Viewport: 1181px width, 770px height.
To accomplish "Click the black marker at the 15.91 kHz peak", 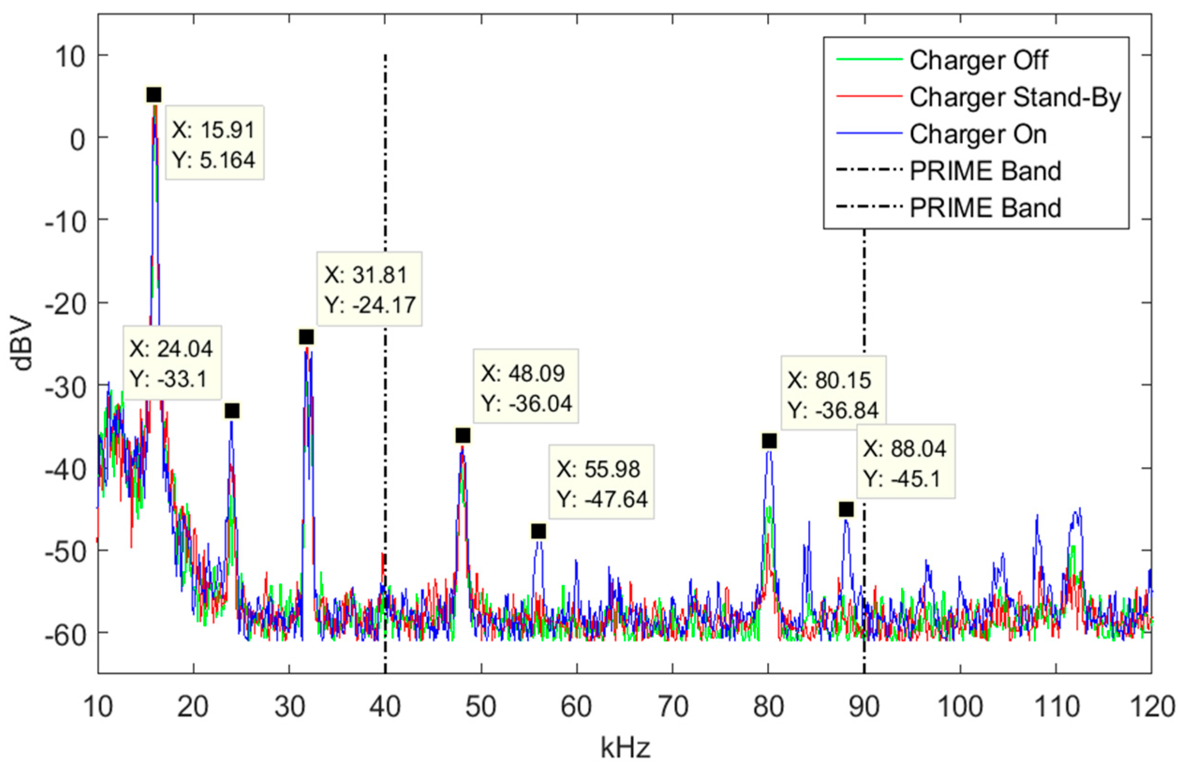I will click(x=154, y=95).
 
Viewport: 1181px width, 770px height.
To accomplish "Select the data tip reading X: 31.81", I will click(x=369, y=289).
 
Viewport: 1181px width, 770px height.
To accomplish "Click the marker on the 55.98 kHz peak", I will click(x=539, y=532).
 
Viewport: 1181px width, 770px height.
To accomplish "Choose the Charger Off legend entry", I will click(x=978, y=60).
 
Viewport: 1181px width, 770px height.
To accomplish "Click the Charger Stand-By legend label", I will click(x=1015, y=98).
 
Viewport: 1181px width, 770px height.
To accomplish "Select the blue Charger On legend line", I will click(x=868, y=134).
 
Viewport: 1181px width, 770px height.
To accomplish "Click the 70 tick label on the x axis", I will click(x=672, y=706).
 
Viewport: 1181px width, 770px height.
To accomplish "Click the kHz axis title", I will click(x=625, y=748).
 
